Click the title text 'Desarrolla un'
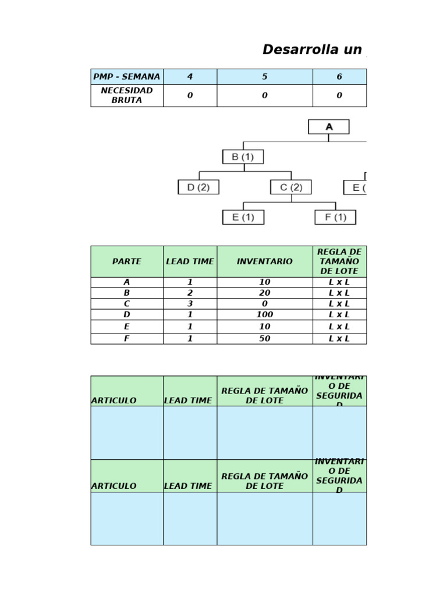tap(312, 49)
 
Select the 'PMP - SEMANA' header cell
tap(127, 77)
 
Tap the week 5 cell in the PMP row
tap(265, 77)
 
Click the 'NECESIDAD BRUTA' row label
tap(127, 95)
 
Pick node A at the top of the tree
tap(329, 127)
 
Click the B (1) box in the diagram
tap(243, 157)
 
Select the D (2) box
tap(198, 187)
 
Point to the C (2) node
tap(291, 187)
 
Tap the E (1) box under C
tap(243, 217)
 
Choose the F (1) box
tap(335, 217)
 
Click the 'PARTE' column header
tap(127, 262)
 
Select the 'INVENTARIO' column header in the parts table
tap(265, 262)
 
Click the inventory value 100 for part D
tap(265, 315)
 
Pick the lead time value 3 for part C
tap(190, 304)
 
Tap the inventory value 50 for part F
tap(265, 338)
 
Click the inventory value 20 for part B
tap(265, 293)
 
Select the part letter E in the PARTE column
tap(127, 327)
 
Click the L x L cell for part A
tap(339, 282)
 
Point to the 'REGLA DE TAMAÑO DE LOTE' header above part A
tap(339, 262)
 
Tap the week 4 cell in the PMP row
tap(190, 77)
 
